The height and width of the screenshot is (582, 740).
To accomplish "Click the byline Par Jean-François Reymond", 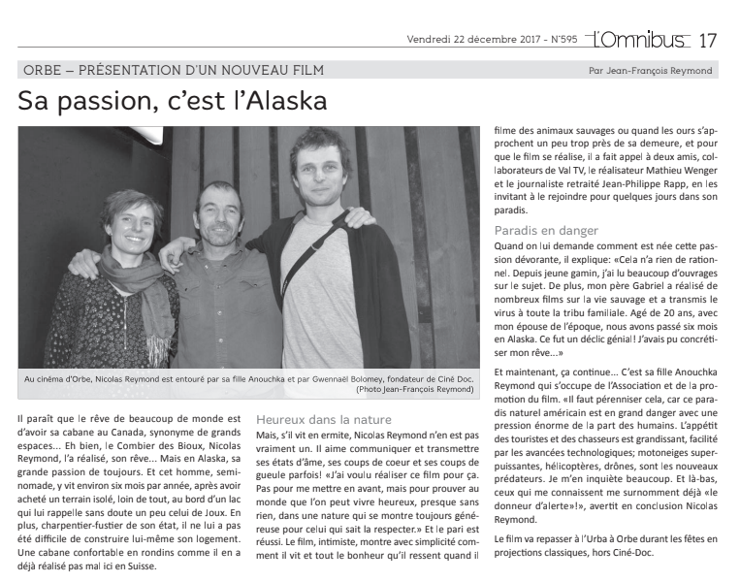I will point(650,70).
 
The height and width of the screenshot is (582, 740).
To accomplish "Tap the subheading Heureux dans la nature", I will point(310,419).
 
